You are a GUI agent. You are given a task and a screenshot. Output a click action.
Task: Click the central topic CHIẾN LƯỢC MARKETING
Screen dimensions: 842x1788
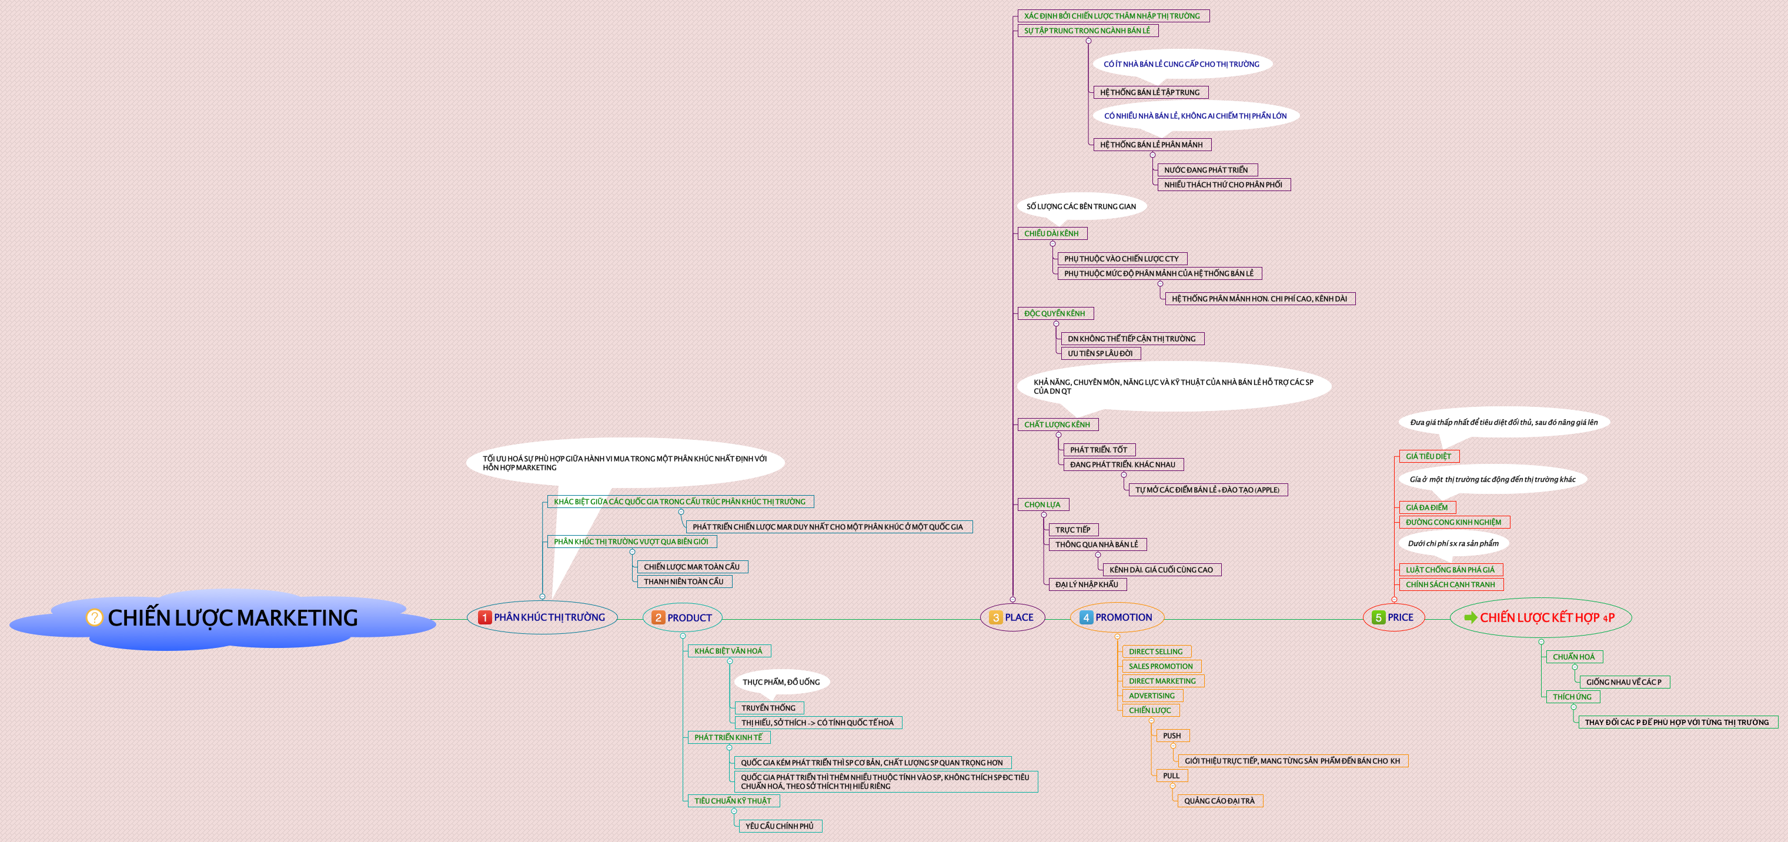pos(232,618)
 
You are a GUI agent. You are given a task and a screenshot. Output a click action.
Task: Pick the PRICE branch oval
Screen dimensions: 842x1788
pos(1393,617)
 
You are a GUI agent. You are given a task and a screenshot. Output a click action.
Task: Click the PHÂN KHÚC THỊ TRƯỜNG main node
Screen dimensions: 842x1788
pos(542,617)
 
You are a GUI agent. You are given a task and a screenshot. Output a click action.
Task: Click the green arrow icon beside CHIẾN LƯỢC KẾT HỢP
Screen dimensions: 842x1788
pos(1470,617)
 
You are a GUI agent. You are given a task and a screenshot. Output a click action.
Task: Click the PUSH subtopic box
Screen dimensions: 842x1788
pos(1172,736)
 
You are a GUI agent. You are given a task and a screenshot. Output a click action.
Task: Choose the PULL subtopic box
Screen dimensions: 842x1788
pos(1171,776)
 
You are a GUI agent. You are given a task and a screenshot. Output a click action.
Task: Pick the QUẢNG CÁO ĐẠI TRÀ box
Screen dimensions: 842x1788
pos(1219,801)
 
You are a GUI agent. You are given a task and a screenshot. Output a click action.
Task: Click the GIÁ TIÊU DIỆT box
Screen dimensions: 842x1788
pos(1428,457)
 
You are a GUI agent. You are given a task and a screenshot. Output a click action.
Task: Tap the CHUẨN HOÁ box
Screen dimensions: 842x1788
pos(1573,657)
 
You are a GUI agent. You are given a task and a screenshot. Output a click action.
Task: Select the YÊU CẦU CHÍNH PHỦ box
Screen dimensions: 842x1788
pos(780,826)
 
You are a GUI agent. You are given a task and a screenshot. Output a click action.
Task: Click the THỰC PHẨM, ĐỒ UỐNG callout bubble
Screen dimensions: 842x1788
pos(781,682)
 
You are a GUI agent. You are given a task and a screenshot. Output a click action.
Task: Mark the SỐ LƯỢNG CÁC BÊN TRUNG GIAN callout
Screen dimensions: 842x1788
pos(1081,206)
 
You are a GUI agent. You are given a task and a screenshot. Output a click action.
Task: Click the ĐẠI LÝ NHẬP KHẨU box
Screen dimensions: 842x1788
pos(1087,584)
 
